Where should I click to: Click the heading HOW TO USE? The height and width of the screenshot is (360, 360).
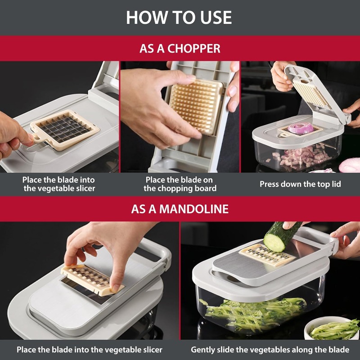[x=179, y=18]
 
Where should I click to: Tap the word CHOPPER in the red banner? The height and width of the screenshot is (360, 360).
[x=194, y=49]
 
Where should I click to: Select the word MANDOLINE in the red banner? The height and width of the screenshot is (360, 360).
[x=194, y=209]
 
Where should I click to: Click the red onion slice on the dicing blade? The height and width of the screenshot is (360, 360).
[x=300, y=128]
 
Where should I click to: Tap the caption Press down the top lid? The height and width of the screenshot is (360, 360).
[x=300, y=184]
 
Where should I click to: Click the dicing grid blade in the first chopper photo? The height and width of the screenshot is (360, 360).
[x=65, y=130]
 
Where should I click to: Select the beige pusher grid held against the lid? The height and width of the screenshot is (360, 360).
[x=196, y=106]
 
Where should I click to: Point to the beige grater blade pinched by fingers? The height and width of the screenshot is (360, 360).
[x=92, y=279]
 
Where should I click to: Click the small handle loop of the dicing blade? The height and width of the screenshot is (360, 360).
[x=37, y=139]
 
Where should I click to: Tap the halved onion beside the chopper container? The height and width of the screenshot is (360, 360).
[x=350, y=165]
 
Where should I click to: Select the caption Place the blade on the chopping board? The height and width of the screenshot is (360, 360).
[x=180, y=184]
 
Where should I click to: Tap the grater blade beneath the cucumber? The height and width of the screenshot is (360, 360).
[x=266, y=255]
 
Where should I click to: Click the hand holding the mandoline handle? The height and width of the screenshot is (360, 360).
[x=346, y=239]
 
